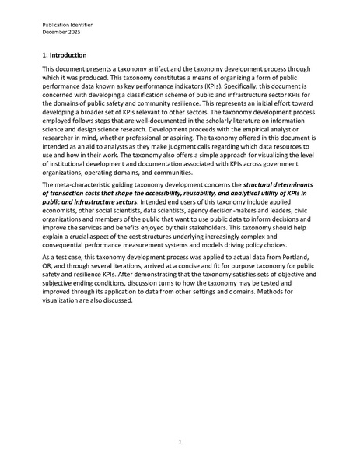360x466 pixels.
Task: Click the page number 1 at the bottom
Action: click(180, 442)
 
